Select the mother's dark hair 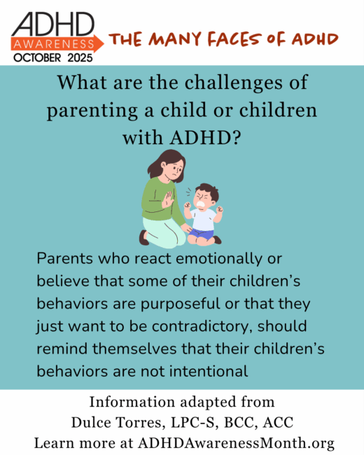point(171,164)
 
